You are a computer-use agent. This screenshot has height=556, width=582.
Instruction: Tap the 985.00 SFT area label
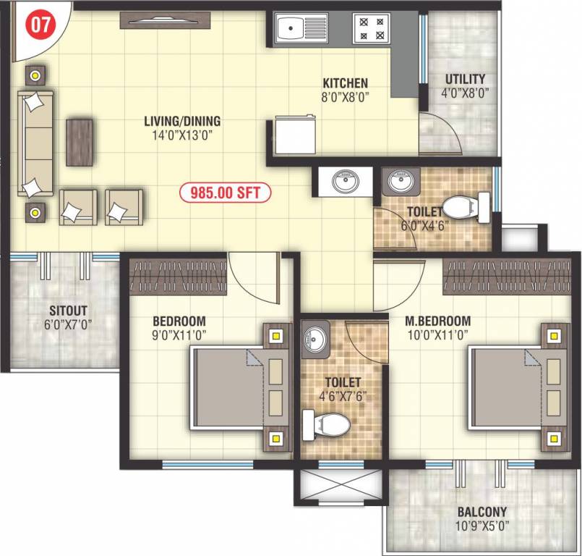click(225, 193)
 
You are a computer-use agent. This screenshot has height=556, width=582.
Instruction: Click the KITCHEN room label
click(345, 83)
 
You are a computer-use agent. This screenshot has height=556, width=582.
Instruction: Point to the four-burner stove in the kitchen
click(372, 29)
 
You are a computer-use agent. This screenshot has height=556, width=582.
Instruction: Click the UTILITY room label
click(465, 79)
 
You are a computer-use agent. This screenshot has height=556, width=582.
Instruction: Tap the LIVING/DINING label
click(181, 121)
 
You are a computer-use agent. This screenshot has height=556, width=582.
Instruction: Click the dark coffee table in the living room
click(80, 142)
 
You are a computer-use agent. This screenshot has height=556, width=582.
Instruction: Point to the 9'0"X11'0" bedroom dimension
click(179, 335)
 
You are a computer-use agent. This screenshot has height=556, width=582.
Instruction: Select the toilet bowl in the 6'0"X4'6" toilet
click(460, 208)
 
